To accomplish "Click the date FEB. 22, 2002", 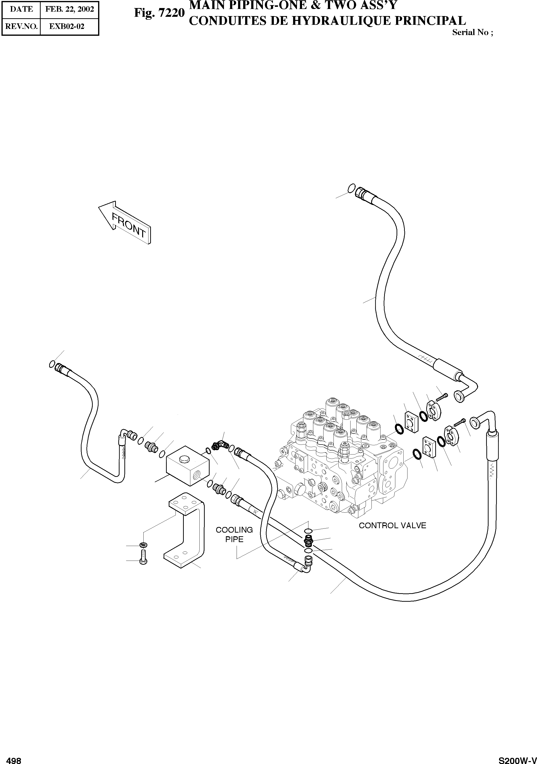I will [70, 9].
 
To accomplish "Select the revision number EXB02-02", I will [67, 26].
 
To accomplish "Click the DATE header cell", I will [21, 9].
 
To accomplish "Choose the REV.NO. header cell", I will [21, 26].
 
